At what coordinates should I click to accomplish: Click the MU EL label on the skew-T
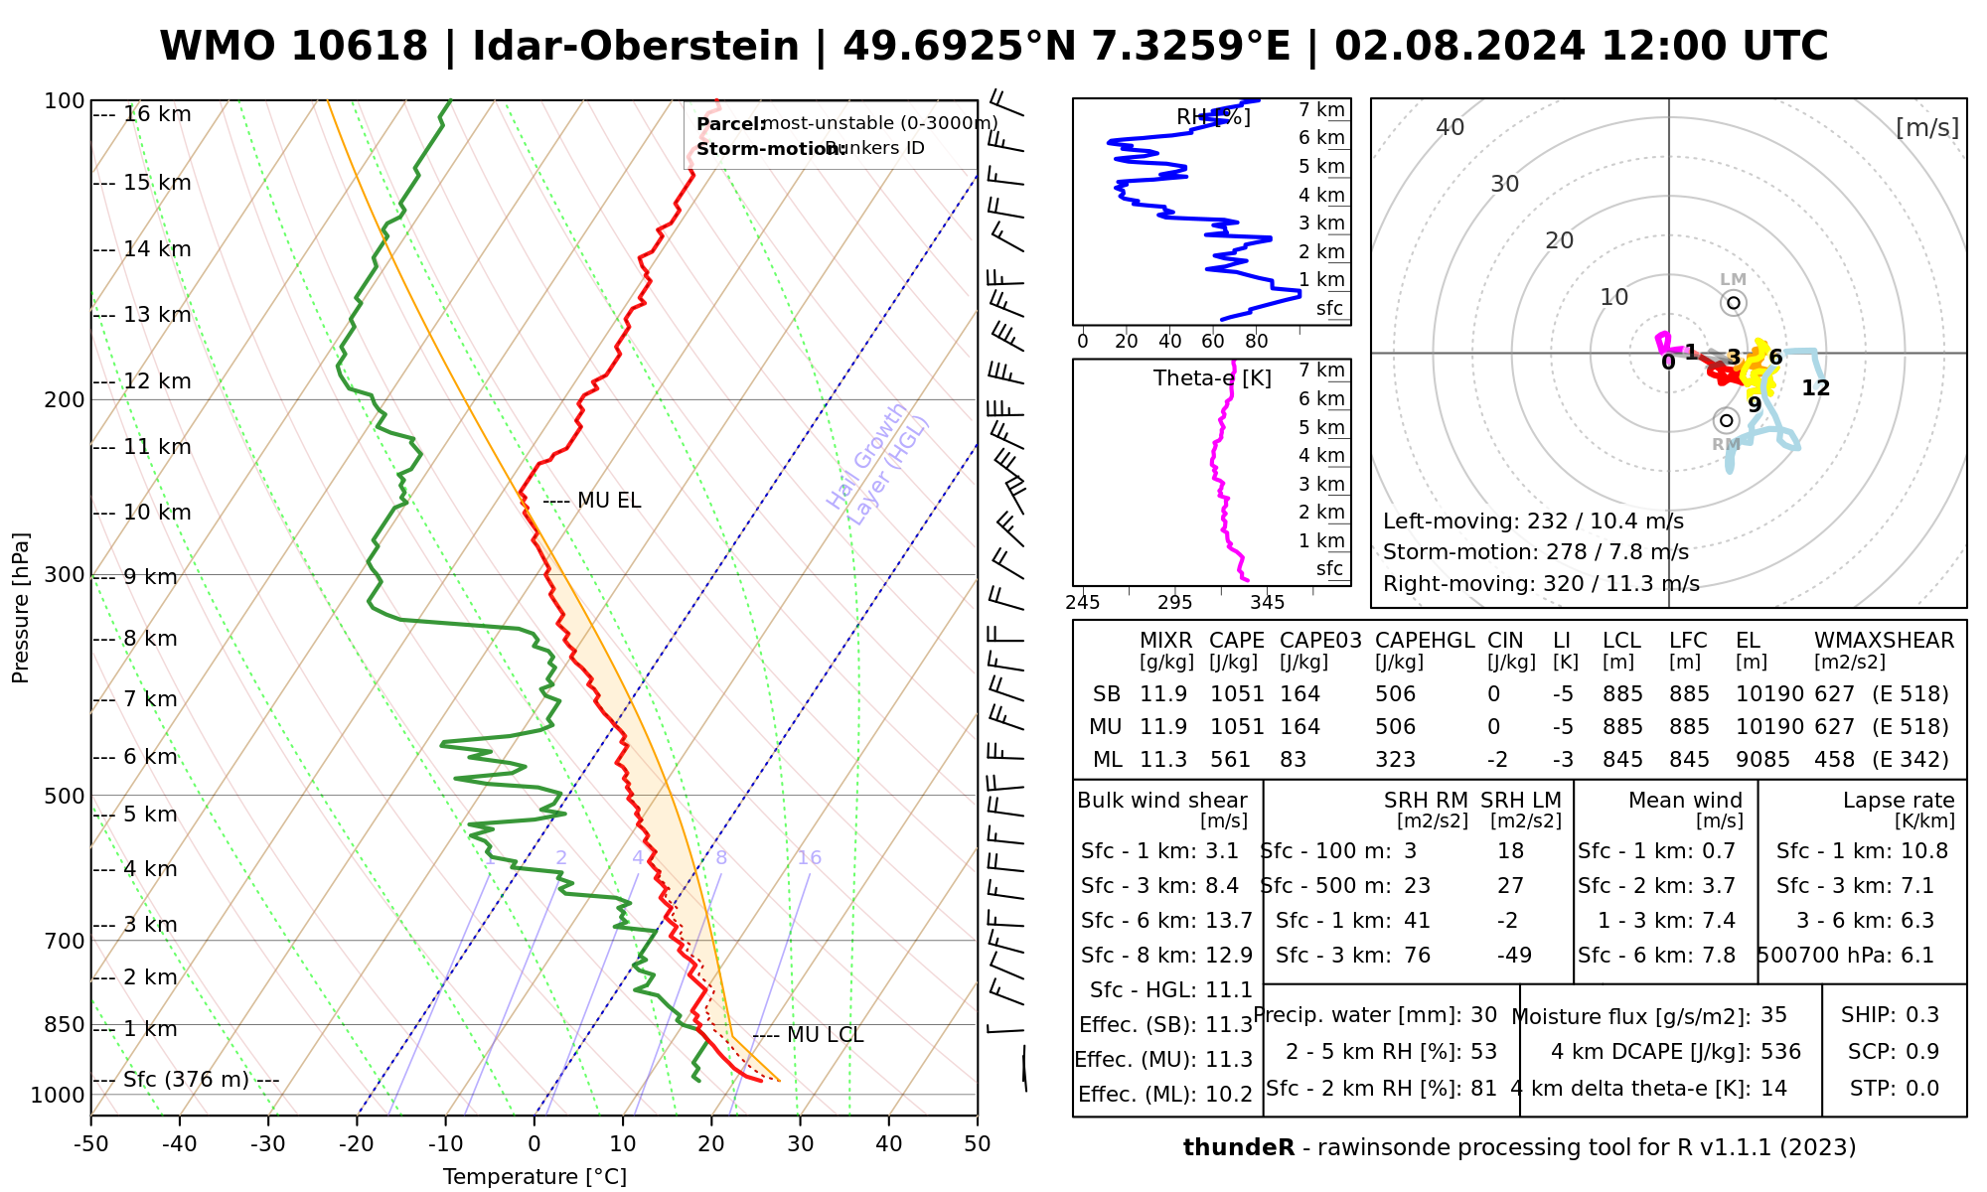point(608,501)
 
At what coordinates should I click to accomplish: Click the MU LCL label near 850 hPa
point(825,1035)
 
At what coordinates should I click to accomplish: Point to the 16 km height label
point(157,114)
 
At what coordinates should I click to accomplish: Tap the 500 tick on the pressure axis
point(65,796)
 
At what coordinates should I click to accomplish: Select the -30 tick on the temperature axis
point(268,1144)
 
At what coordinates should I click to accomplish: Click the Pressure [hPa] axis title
point(21,608)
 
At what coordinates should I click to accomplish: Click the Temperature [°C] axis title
point(535,1177)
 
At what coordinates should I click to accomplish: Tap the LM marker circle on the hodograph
point(1734,303)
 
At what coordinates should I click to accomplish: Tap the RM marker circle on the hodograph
point(1726,420)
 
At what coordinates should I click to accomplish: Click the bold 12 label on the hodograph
point(1815,388)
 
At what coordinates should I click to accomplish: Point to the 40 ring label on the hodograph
point(1451,127)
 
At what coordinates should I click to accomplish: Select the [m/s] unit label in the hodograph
point(1927,127)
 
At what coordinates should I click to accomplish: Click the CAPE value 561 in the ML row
point(1236,760)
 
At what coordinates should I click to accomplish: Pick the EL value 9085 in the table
point(1762,760)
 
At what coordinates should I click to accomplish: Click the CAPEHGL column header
point(1425,641)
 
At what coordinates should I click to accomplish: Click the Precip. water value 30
point(1483,1015)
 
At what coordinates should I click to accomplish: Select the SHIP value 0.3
point(1922,1015)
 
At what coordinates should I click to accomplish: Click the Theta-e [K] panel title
point(1212,378)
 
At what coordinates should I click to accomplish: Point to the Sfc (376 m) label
point(186,1080)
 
